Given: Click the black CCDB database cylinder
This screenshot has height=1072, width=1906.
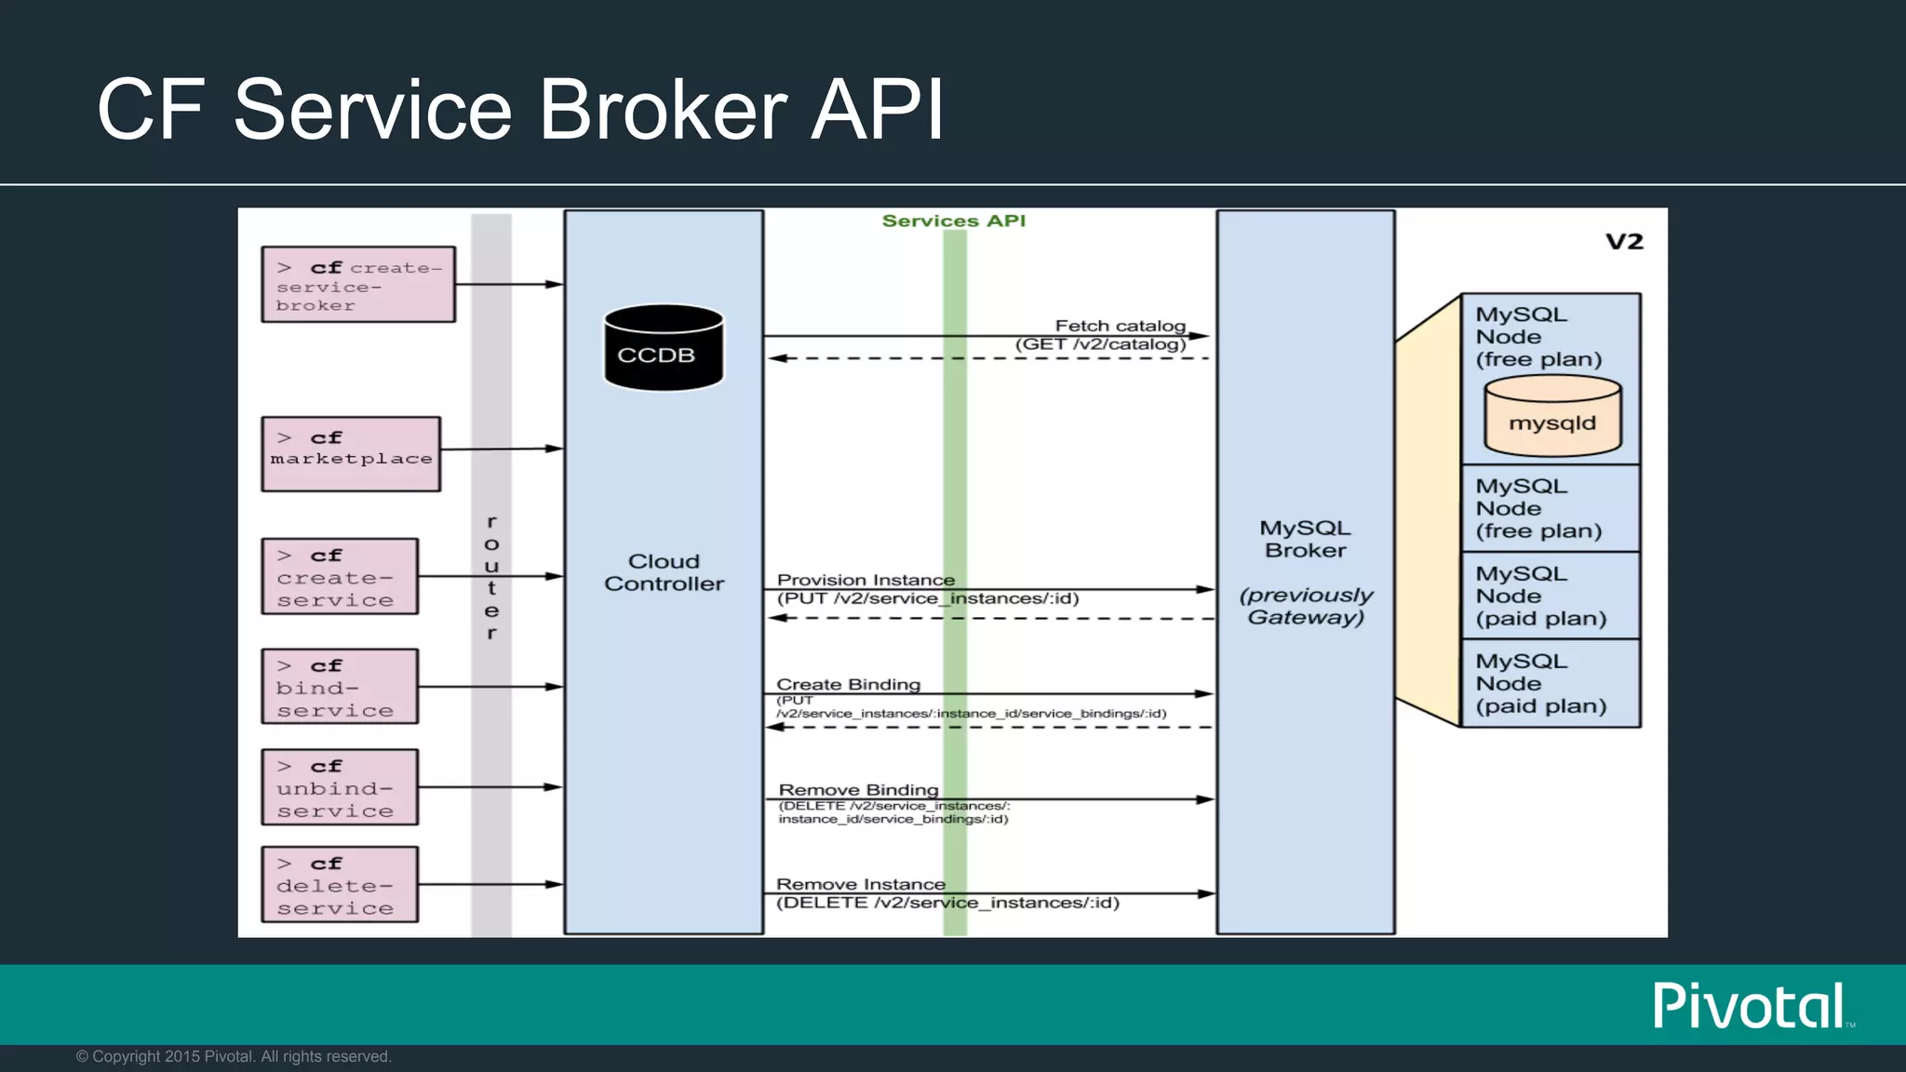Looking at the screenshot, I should (664, 348).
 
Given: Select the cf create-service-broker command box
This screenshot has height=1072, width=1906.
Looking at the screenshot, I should (358, 285).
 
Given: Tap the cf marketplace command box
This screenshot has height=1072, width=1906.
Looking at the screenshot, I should (351, 454).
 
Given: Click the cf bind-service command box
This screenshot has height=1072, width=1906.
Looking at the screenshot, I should (340, 687).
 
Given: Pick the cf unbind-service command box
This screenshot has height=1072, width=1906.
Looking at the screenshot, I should (340, 787).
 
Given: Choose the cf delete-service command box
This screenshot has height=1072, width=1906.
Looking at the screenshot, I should (340, 885).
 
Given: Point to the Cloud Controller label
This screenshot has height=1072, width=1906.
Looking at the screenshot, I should (664, 572).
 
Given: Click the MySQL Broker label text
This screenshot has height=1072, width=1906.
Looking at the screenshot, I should (1305, 539).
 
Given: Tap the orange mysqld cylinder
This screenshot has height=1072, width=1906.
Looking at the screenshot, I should (1552, 418).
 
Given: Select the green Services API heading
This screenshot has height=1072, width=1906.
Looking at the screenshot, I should (953, 221).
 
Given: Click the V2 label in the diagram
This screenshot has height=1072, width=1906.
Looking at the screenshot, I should (1624, 242).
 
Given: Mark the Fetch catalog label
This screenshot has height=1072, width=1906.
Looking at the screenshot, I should (1120, 326).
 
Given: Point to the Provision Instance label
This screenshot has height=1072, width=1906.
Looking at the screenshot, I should (866, 580).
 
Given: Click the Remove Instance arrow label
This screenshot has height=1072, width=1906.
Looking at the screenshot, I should (860, 884).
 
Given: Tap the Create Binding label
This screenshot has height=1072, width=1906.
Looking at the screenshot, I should (848, 684).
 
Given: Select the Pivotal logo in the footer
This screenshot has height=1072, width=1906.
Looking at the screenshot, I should (1750, 1006).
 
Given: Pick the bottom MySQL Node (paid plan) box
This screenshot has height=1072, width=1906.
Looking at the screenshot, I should (1550, 683).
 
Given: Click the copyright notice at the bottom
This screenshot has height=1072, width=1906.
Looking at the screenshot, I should (234, 1056).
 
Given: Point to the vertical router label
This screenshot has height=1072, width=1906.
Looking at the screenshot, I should (491, 577).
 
